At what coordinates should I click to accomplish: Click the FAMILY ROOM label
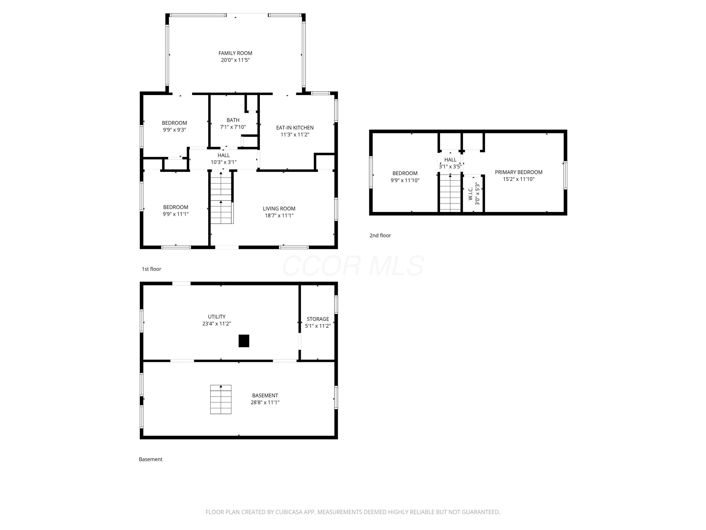click(x=235, y=53)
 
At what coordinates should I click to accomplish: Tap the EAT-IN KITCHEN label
click(x=295, y=127)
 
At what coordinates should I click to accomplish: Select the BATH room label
click(x=233, y=120)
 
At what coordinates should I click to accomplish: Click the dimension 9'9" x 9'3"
click(x=174, y=130)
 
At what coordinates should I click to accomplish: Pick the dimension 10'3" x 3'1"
click(x=223, y=162)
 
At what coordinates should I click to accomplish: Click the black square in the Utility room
click(x=244, y=341)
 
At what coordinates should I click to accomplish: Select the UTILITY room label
click(x=217, y=317)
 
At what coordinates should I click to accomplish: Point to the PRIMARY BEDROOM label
click(x=518, y=172)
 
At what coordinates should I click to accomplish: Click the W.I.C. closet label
click(x=470, y=194)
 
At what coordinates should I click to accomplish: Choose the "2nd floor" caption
click(x=380, y=236)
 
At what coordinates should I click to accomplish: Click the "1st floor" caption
click(x=151, y=269)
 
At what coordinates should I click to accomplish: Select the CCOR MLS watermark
click(x=353, y=266)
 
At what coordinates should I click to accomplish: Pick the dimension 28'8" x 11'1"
click(x=265, y=402)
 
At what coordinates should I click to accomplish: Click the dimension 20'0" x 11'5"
click(x=235, y=60)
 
